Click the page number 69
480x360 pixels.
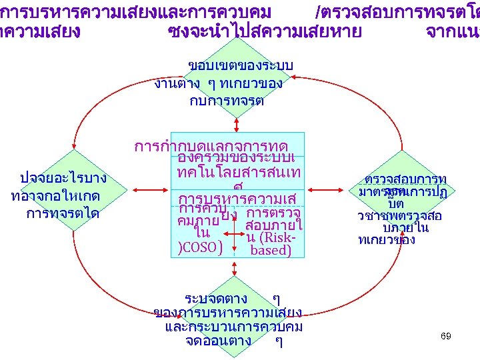(x=446, y=336)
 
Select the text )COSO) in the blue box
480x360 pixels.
(x=201, y=247)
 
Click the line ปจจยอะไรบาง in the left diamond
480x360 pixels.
(x=65, y=178)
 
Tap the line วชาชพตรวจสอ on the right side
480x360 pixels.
(x=400, y=216)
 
